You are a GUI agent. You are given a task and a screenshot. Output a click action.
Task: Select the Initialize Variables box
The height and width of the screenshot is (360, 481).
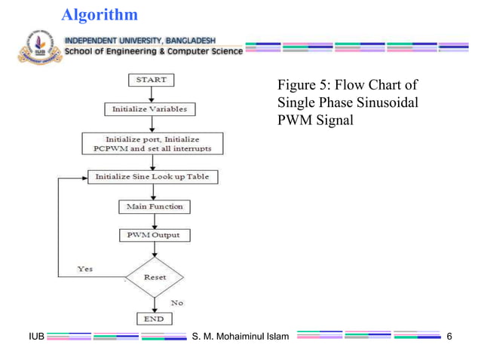(x=149, y=109)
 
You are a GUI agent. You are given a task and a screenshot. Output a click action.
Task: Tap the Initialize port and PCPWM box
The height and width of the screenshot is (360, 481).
(x=153, y=143)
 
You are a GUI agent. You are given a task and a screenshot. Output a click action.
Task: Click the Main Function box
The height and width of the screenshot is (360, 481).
(x=154, y=206)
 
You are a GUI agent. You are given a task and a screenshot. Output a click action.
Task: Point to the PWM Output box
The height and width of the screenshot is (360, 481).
(x=154, y=235)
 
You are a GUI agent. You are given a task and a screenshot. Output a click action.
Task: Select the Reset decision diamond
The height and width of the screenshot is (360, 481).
(x=155, y=277)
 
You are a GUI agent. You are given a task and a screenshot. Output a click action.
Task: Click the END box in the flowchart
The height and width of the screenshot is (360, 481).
(x=154, y=319)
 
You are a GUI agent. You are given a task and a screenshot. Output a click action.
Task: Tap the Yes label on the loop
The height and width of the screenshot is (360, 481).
(x=85, y=269)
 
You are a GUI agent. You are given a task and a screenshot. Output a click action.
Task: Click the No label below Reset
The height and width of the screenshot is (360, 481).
(x=177, y=302)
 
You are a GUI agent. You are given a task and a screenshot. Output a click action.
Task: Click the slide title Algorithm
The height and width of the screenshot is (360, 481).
(x=99, y=14)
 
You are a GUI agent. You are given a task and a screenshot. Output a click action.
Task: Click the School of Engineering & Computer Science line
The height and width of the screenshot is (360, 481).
(x=154, y=51)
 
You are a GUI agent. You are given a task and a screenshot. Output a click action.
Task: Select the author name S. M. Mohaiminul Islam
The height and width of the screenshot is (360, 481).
(x=240, y=335)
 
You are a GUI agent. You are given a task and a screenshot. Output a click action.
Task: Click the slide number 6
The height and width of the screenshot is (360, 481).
(x=450, y=335)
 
